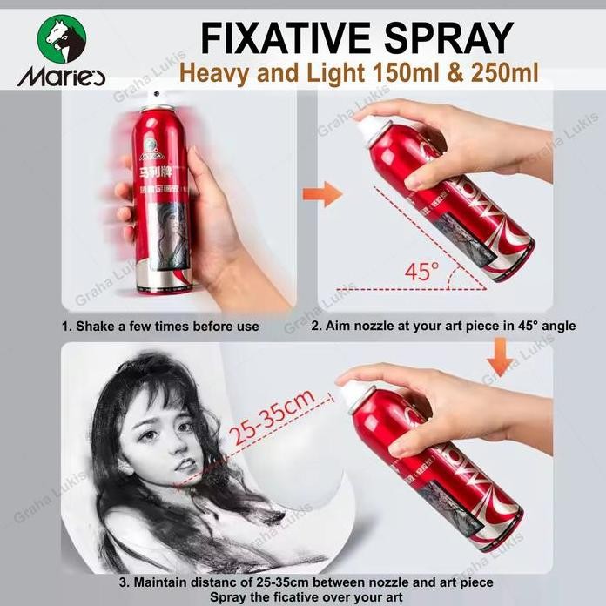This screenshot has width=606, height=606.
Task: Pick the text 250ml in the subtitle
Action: (x=497, y=74)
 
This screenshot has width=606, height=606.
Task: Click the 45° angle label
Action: (x=422, y=271)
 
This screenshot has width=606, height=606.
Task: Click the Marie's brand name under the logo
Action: (x=61, y=77)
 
